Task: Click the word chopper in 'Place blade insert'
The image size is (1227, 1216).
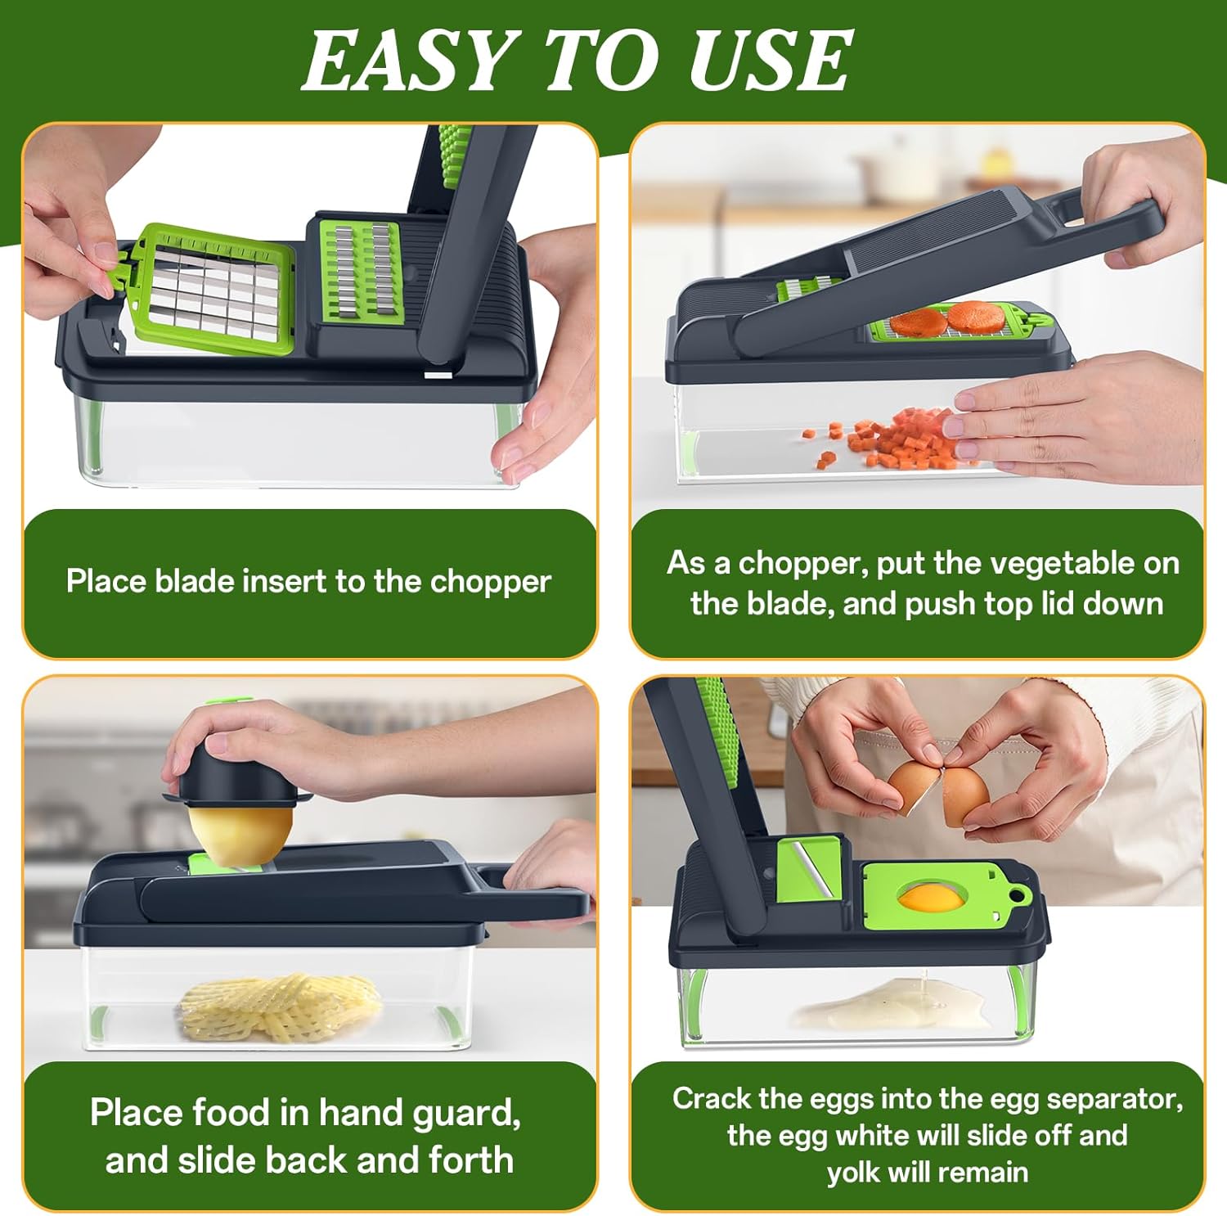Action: (x=490, y=583)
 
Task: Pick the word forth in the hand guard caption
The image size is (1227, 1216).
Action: (x=468, y=1160)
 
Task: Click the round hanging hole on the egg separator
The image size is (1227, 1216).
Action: (x=1019, y=894)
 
